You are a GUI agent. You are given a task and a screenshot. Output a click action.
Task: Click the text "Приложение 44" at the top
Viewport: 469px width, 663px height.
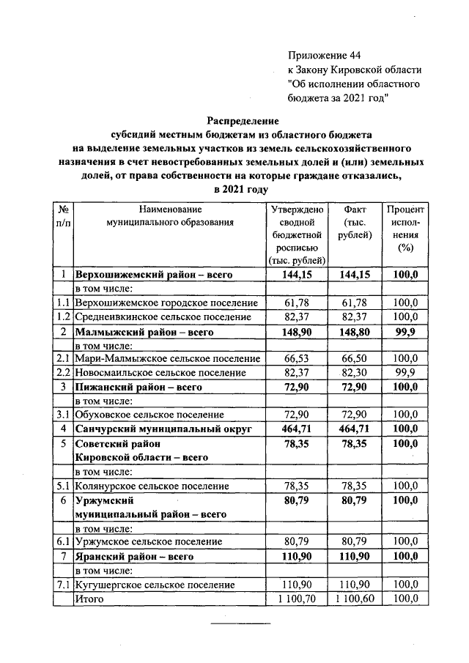pyautogui.click(x=325, y=55)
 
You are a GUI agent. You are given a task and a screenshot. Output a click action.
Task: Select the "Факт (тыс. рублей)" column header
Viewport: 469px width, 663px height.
pyautogui.click(x=355, y=222)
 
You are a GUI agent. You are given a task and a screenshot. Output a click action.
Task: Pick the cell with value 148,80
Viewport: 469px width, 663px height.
pyautogui.click(x=355, y=331)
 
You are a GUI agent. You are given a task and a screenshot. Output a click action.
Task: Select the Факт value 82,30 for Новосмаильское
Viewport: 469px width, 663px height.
pyautogui.click(x=355, y=372)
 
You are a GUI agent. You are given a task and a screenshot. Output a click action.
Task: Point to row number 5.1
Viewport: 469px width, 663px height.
pyautogui.click(x=64, y=485)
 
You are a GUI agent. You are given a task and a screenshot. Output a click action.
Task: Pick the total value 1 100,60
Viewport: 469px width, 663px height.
pyautogui.click(x=355, y=599)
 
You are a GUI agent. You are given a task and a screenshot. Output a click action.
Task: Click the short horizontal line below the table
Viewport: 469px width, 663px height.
pyautogui.click(x=241, y=623)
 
